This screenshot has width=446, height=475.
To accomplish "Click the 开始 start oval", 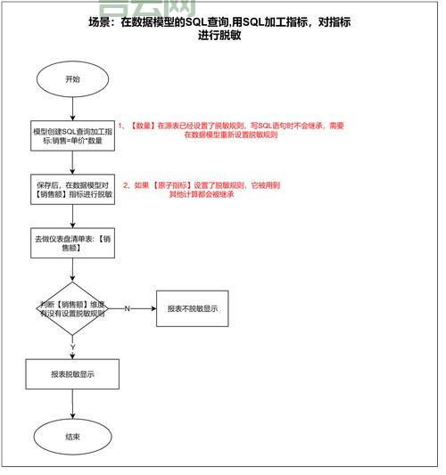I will pyautogui.click(x=72, y=78).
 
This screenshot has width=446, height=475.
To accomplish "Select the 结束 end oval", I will pyautogui.click(x=72, y=437).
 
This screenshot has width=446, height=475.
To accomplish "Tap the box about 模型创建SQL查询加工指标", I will pyautogui.click(x=72, y=135).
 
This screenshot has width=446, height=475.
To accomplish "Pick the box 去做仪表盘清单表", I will pyautogui.click(x=72, y=243).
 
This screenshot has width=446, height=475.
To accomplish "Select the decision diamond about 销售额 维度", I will pyautogui.click(x=72, y=308).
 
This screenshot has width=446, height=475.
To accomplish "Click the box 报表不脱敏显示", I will pyautogui.click(x=192, y=308).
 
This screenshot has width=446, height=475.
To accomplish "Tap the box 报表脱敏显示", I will pyautogui.click(x=72, y=374).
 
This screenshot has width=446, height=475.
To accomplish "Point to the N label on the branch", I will pyautogui.click(x=127, y=308).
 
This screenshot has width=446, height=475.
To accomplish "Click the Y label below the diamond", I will pyautogui.click(x=72, y=348).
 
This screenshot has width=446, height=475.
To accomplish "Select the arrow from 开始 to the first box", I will pyautogui.click(x=72, y=107).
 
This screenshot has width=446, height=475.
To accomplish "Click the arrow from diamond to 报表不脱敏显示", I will pyautogui.click(x=134, y=308).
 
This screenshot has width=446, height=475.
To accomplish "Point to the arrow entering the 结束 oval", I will pyautogui.click(x=72, y=406).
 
